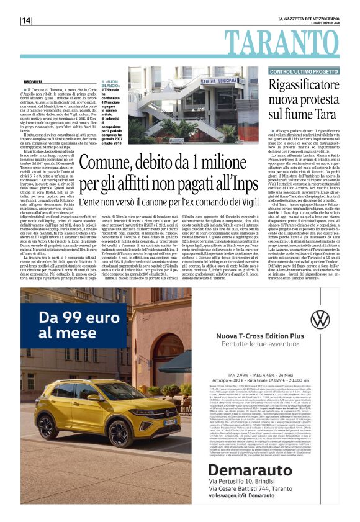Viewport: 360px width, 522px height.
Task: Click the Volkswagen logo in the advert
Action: tap(320, 321)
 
